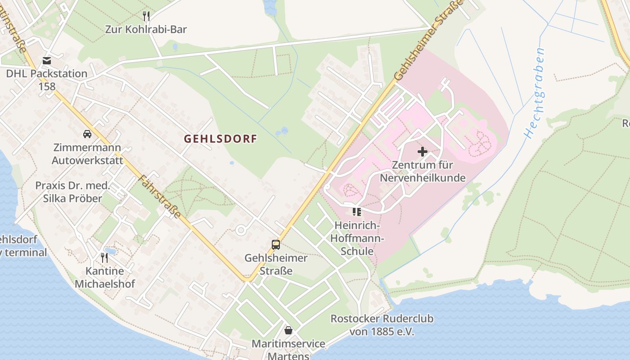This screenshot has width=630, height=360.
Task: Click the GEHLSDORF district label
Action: tap(220, 139)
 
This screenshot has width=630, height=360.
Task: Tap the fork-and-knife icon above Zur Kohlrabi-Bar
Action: tap(146, 17)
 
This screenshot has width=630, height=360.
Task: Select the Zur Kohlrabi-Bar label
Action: tap(146, 30)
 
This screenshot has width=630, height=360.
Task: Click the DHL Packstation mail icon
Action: tap(47, 61)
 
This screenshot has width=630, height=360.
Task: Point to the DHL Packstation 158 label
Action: tap(47, 80)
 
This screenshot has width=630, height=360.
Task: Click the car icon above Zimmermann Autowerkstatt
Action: tap(87, 134)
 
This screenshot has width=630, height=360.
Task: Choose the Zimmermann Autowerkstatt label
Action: tap(87, 154)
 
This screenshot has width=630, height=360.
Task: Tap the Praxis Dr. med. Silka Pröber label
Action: tap(72, 192)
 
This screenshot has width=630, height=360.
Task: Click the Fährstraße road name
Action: tap(160, 196)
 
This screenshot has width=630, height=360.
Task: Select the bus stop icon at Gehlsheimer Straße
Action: tap(276, 245)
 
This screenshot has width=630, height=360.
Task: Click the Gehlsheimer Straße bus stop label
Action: tap(276, 264)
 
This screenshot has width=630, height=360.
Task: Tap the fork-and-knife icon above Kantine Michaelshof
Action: tap(104, 258)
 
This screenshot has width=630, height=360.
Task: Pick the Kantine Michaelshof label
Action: tap(105, 278)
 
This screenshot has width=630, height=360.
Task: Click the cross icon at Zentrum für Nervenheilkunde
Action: tap(423, 152)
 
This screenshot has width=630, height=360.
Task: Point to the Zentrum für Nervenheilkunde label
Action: tap(423, 171)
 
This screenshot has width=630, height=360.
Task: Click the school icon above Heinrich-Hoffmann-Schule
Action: tap(357, 211)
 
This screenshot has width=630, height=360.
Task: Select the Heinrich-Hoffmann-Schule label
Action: tap(357, 238)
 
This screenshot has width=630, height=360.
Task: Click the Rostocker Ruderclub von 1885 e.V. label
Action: tap(382, 325)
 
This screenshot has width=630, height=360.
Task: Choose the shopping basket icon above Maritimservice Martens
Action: tap(288, 330)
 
